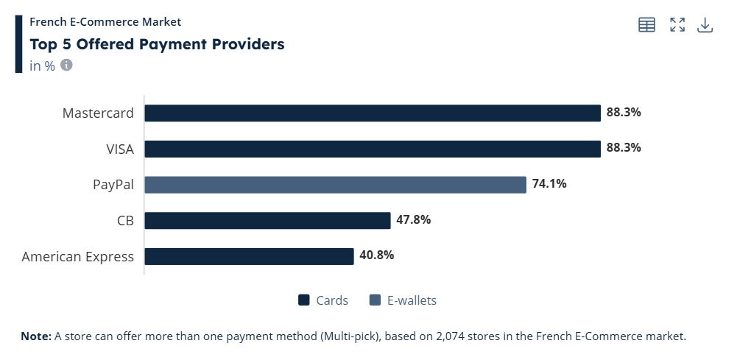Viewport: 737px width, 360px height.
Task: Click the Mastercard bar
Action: pos(373,113)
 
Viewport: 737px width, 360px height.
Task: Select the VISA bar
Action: pos(373,149)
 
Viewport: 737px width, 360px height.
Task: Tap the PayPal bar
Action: pos(335,184)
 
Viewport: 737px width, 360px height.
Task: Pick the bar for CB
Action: pos(267,220)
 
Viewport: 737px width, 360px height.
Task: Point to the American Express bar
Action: pos(249,256)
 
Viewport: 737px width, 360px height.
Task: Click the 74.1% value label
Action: pos(550,184)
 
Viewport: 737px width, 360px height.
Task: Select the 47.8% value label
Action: pos(414,220)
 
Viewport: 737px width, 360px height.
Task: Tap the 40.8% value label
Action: pos(378,255)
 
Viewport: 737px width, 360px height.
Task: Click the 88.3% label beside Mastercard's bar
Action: pos(624,113)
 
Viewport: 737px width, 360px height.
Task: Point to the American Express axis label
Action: pos(78,256)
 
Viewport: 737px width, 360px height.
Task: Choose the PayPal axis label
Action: pos(113,184)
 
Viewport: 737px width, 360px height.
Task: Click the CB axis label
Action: pos(124,220)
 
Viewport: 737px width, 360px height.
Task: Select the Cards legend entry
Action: pos(323,300)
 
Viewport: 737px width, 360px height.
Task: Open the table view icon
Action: pos(646,25)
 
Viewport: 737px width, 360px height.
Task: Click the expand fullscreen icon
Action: pos(677,25)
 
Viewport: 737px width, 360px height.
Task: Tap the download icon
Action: pos(705,25)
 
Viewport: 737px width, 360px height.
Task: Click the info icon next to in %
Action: pos(66,65)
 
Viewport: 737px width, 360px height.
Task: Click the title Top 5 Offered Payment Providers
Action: pos(157,44)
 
